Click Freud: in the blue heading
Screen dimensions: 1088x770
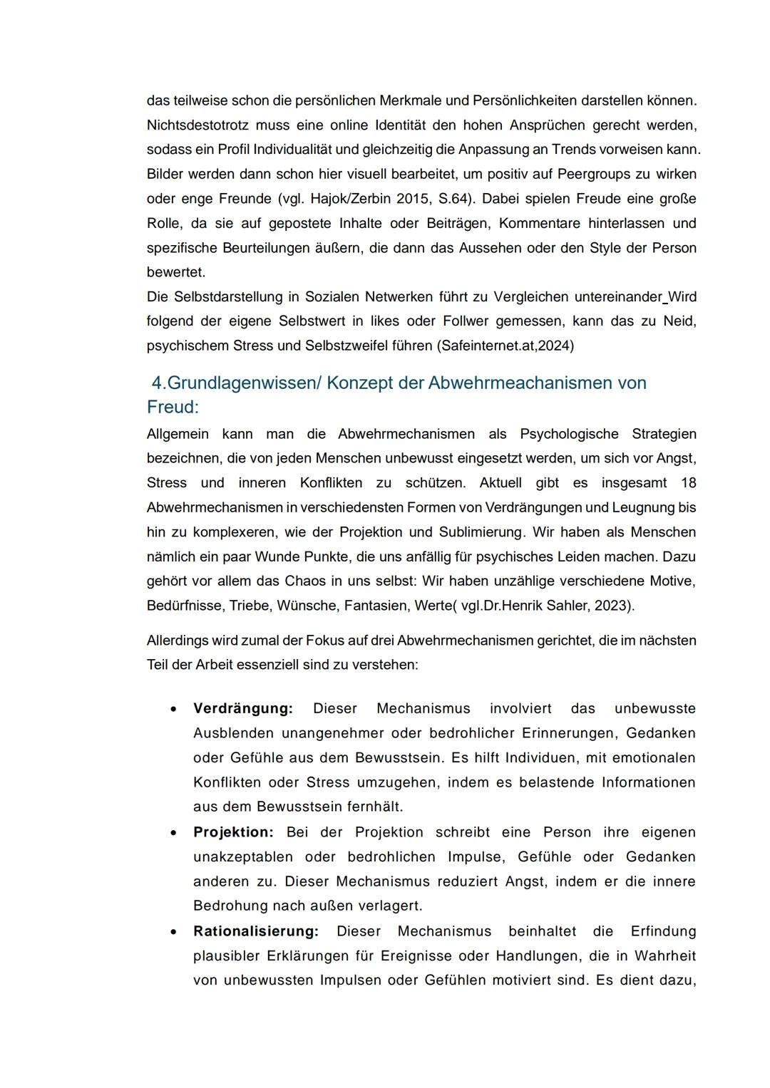(173, 408)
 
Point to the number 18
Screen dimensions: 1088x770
(688, 483)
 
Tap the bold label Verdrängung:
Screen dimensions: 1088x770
(243, 709)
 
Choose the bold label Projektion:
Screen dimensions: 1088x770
(233, 832)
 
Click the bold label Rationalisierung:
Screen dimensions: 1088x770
(256, 931)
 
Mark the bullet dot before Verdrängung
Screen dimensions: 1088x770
(174, 710)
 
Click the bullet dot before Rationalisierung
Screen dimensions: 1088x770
(174, 932)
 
